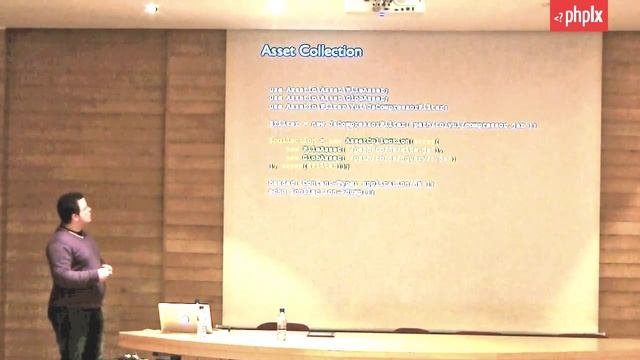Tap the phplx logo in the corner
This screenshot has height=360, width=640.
pyautogui.click(x=578, y=15)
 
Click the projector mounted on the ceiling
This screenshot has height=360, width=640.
pyautogui.click(x=385, y=6)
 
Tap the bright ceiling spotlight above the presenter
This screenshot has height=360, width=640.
pyautogui.click(x=151, y=8)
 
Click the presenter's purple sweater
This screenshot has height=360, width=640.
pyautogui.click(x=74, y=265)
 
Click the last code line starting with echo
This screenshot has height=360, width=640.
pyautogui.click(x=315, y=190)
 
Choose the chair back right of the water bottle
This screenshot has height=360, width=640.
pyautogui.click(x=411, y=329)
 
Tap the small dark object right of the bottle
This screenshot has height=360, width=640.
pyautogui.click(x=320, y=332)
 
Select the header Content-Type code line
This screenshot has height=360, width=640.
pyautogui.click(x=351, y=183)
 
